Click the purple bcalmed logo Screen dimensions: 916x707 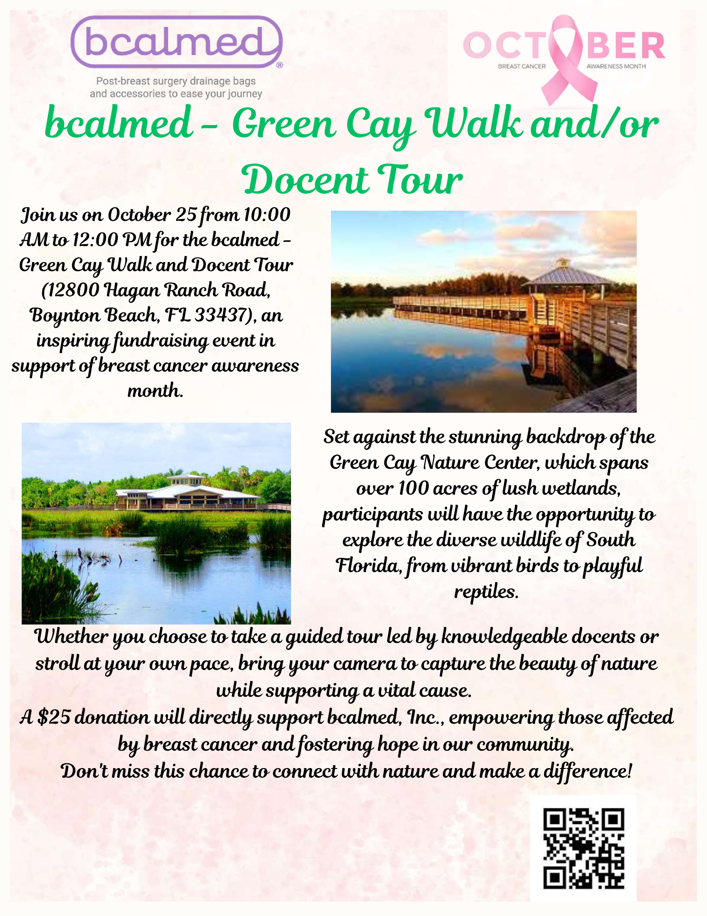click(177, 42)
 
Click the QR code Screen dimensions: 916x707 click(583, 848)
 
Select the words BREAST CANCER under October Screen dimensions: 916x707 click(522, 66)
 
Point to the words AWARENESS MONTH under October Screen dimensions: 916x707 click(616, 66)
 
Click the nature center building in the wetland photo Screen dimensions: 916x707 click(185, 495)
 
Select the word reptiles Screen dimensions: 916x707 click(486, 592)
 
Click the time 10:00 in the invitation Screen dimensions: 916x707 click(267, 214)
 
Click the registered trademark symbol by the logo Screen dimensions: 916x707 click(280, 65)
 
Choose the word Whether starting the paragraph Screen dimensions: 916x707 click(70, 637)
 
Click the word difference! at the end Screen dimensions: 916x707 click(588, 771)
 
